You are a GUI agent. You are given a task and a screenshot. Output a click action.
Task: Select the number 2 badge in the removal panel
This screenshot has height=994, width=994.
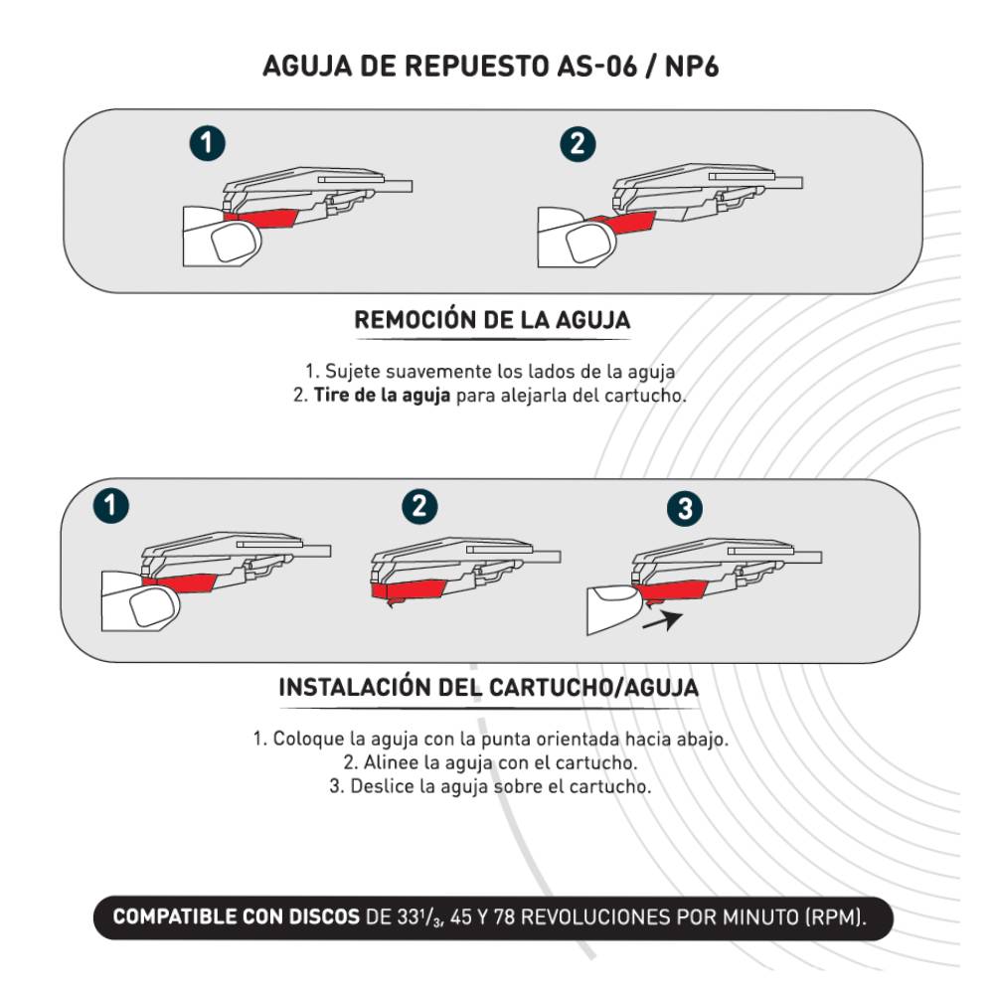577,144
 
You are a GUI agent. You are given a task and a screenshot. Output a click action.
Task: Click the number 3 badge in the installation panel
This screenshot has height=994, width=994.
683,510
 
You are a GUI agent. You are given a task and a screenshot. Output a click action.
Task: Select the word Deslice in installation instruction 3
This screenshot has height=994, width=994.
382,786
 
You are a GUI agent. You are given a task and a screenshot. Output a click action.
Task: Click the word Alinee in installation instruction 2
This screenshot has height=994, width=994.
389,763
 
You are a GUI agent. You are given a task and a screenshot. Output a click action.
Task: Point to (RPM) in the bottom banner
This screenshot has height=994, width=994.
838,916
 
